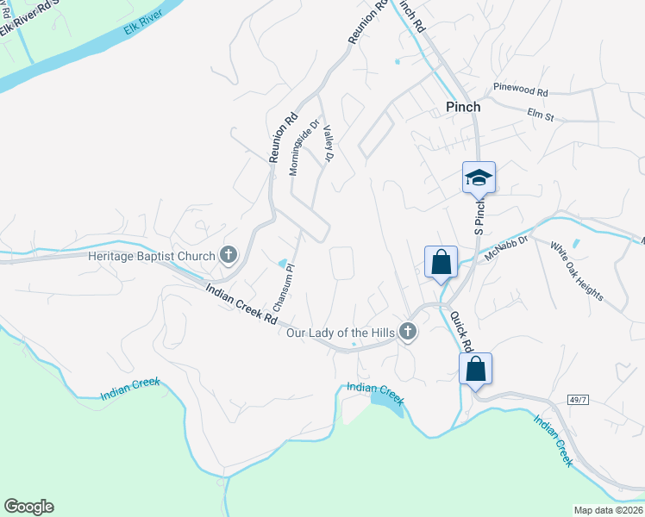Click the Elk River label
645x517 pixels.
(138, 28)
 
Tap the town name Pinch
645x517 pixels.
(462, 108)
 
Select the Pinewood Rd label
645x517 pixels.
(521, 90)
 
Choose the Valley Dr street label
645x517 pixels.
(327, 142)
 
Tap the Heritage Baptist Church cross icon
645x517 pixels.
(229, 254)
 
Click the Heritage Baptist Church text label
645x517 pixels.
(151, 256)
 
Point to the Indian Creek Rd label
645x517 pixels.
(242, 304)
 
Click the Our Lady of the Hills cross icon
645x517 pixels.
(408, 332)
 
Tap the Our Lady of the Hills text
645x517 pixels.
(341, 333)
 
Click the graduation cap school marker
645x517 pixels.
(479, 178)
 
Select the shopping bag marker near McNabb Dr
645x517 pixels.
(441, 262)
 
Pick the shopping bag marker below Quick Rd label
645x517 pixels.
(475, 369)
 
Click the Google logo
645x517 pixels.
(29, 507)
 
